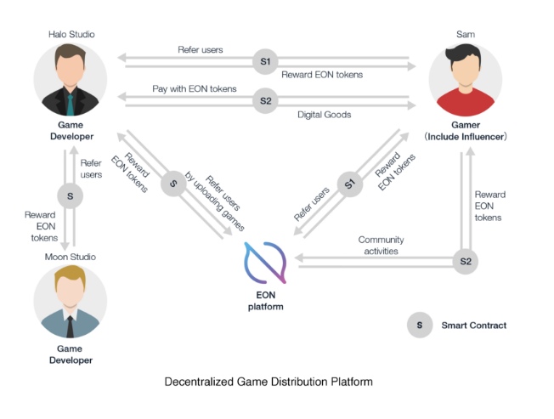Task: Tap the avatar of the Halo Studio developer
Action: (x=70, y=81)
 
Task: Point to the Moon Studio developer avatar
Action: (x=70, y=303)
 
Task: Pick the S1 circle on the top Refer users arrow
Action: (x=265, y=61)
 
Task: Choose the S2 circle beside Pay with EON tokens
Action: (x=265, y=101)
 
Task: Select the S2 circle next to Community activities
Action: (x=465, y=261)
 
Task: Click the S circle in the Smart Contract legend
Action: (x=418, y=325)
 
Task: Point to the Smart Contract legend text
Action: (x=473, y=325)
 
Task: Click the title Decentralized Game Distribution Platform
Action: (x=268, y=382)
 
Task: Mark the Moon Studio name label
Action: (x=70, y=257)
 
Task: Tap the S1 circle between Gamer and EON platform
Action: (x=348, y=184)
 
